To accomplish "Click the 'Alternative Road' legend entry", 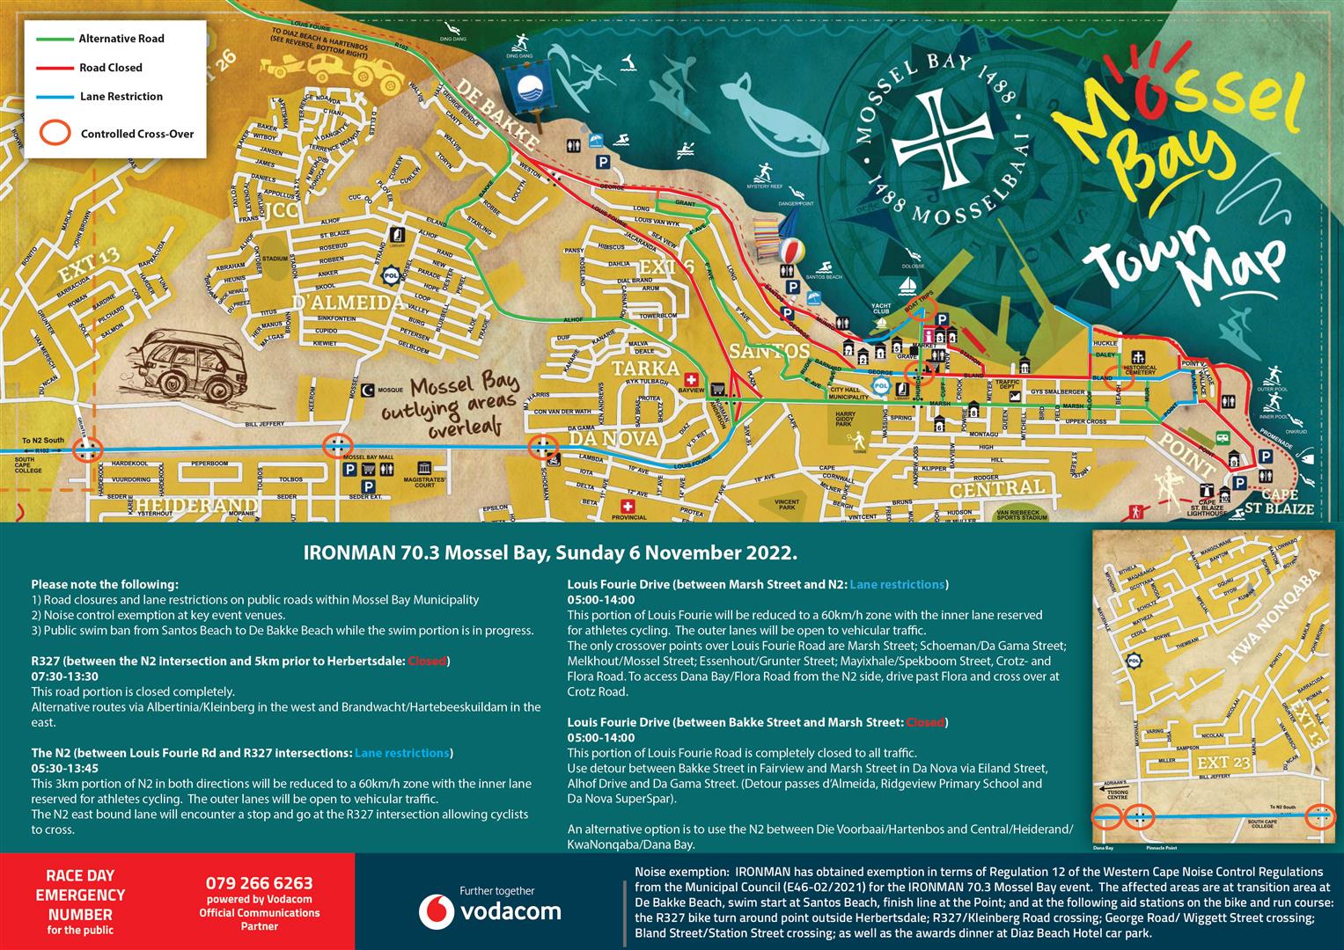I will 121,39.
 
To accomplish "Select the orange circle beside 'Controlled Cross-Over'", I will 57,132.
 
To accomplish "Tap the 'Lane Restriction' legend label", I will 121,97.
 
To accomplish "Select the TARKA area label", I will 646,368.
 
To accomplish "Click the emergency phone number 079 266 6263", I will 259,883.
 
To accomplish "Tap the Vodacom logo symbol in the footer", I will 437,911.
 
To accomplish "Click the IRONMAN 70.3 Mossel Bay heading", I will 550,553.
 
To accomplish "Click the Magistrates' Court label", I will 425,480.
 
